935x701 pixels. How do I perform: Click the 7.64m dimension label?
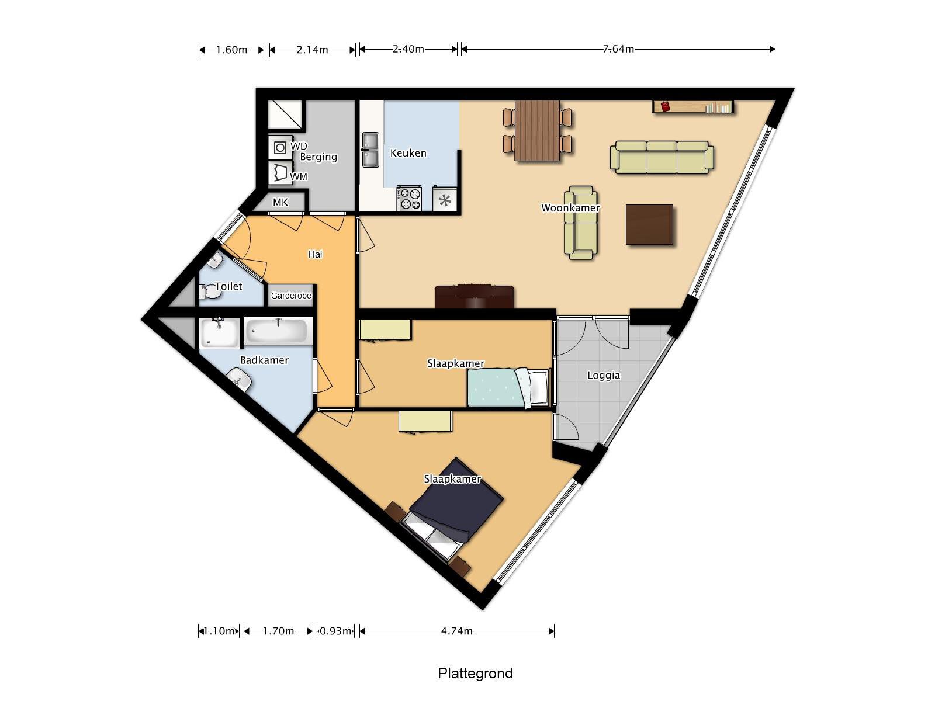618,49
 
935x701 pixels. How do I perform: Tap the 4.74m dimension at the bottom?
456,631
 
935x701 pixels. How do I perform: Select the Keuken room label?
408,153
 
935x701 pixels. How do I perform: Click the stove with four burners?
409,198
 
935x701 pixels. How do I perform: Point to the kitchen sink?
370,149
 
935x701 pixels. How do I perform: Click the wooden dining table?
537,130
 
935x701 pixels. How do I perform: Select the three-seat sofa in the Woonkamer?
662,157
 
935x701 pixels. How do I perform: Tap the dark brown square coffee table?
649,224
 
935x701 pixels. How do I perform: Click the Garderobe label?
291,296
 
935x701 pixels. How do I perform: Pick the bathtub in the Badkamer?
276,332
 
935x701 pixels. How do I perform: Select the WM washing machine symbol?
280,173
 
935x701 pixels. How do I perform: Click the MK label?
280,202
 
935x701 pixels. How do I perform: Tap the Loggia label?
603,376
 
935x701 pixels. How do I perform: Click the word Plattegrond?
475,673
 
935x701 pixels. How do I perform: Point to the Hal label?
315,254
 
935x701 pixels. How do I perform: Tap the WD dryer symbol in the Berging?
280,147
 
